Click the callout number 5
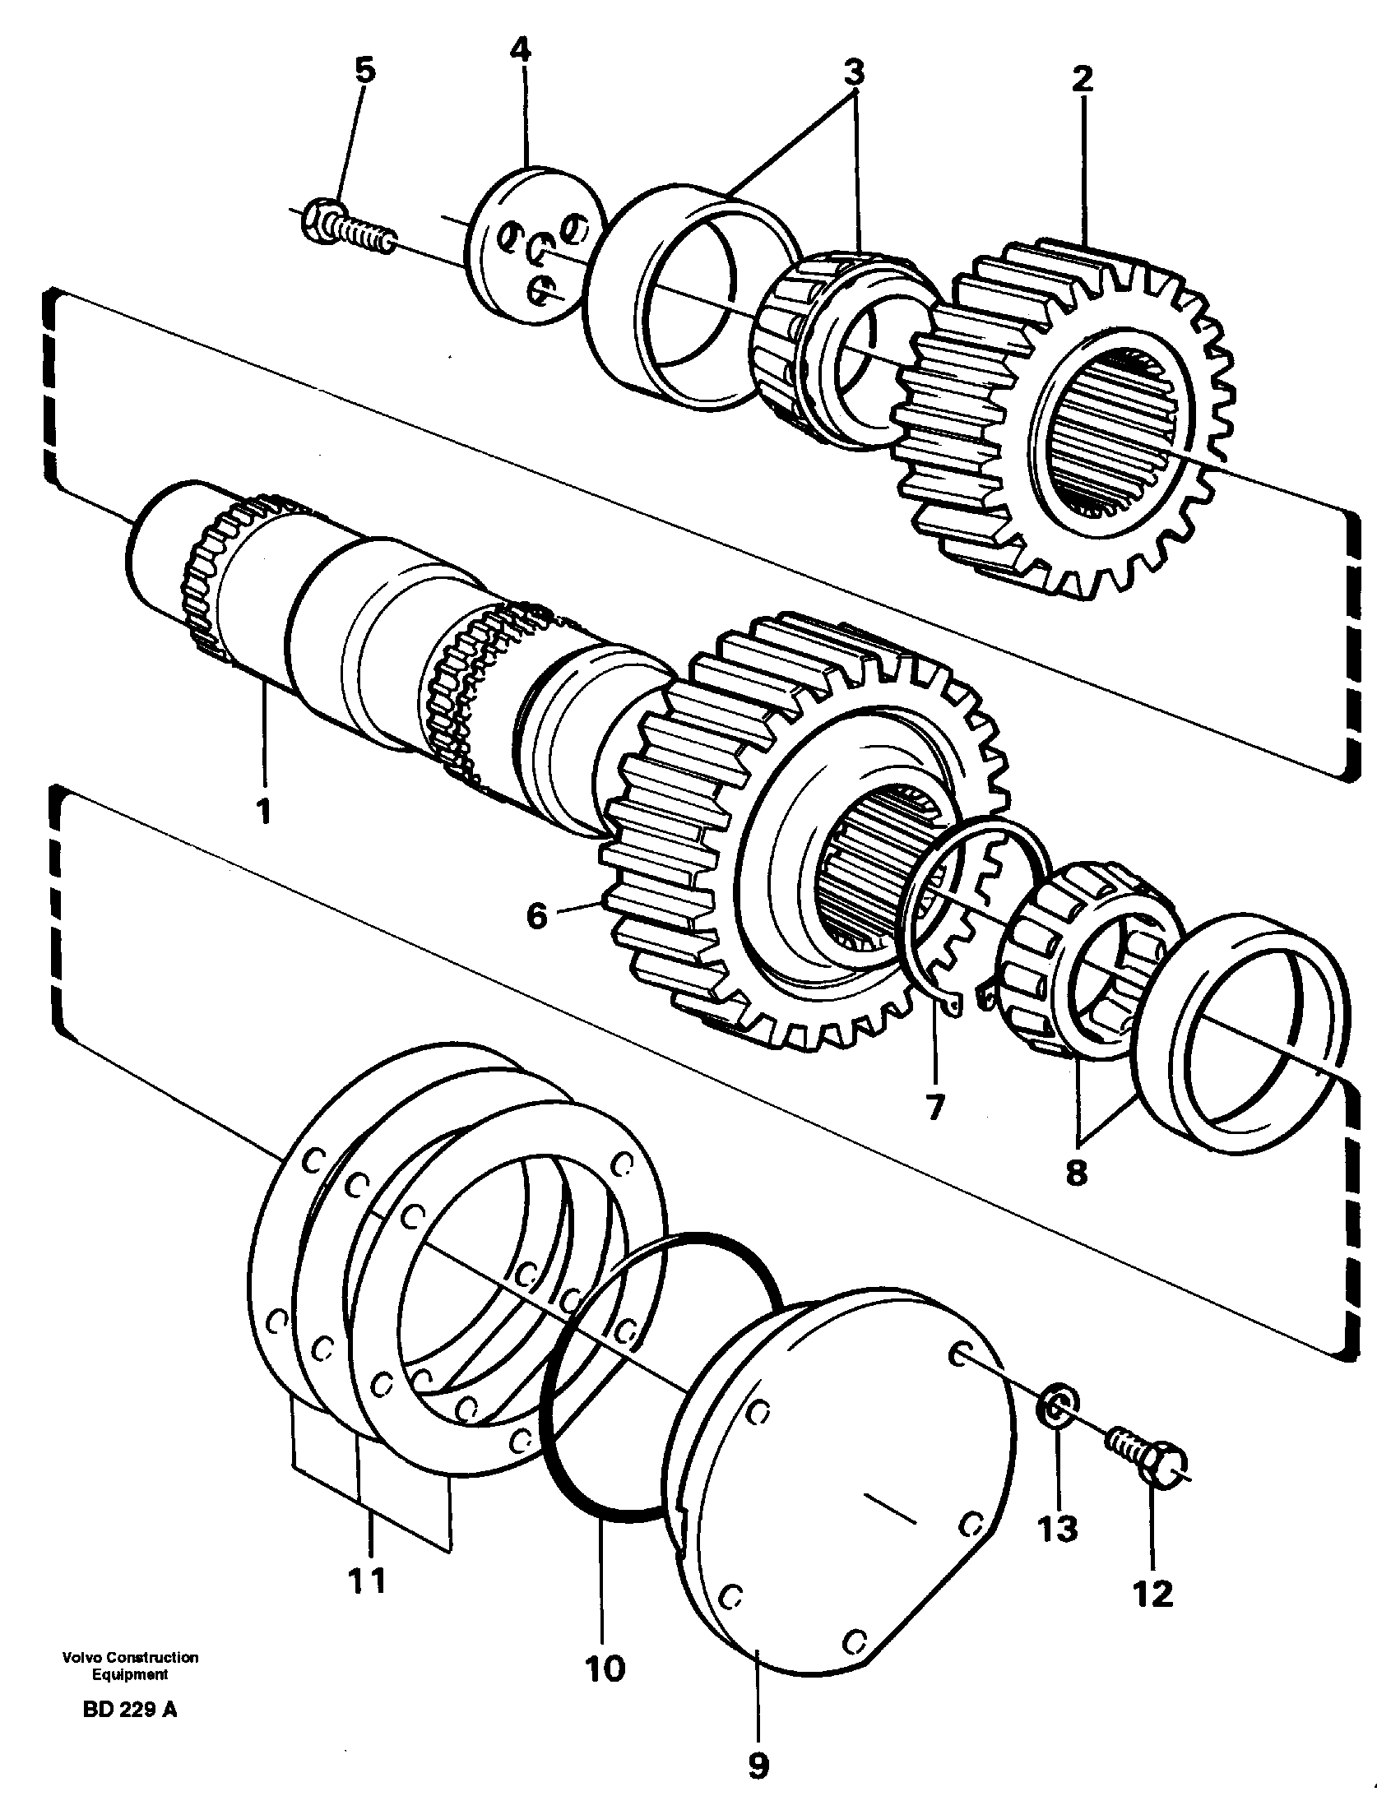click(364, 71)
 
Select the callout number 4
click(520, 50)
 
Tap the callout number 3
click(854, 73)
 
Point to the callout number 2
click(1082, 79)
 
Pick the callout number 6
click(536, 914)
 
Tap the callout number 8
click(1076, 1173)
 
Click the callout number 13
click(1057, 1529)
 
